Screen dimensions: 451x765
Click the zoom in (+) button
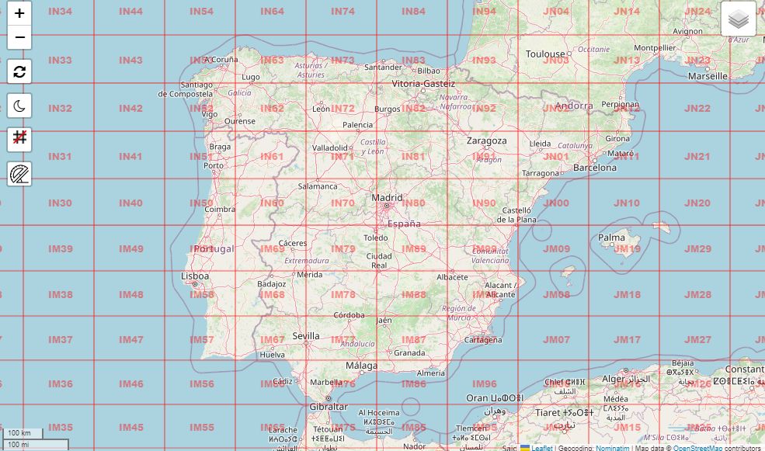coord(19,13)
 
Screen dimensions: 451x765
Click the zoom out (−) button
coord(19,36)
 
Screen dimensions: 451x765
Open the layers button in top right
coord(738,19)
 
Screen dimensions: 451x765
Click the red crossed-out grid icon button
coord(19,140)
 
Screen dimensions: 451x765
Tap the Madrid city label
coord(387,197)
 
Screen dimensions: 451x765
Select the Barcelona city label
coord(594,168)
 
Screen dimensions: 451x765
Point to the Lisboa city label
coord(194,276)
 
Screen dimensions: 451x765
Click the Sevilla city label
coord(306,336)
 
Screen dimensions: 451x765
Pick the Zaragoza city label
coord(486,141)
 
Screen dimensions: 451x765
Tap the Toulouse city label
coord(545,54)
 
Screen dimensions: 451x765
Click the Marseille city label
coord(708,76)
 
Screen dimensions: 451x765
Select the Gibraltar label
coord(329,406)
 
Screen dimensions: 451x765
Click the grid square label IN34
coord(60,12)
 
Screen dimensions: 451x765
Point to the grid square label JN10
coord(627,203)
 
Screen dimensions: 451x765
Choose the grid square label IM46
coord(131,384)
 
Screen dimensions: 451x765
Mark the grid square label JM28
coord(698,295)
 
